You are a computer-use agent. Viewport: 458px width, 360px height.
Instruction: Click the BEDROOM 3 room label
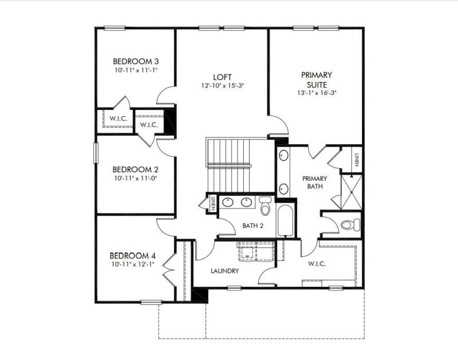135,61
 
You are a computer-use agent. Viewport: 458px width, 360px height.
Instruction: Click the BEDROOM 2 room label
135,169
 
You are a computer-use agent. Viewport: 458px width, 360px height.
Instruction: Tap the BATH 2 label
252,226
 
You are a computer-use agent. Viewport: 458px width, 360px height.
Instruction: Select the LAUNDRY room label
224,271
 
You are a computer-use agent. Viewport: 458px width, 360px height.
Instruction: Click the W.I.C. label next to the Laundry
316,264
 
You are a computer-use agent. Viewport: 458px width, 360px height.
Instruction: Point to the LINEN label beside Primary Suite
356,159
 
